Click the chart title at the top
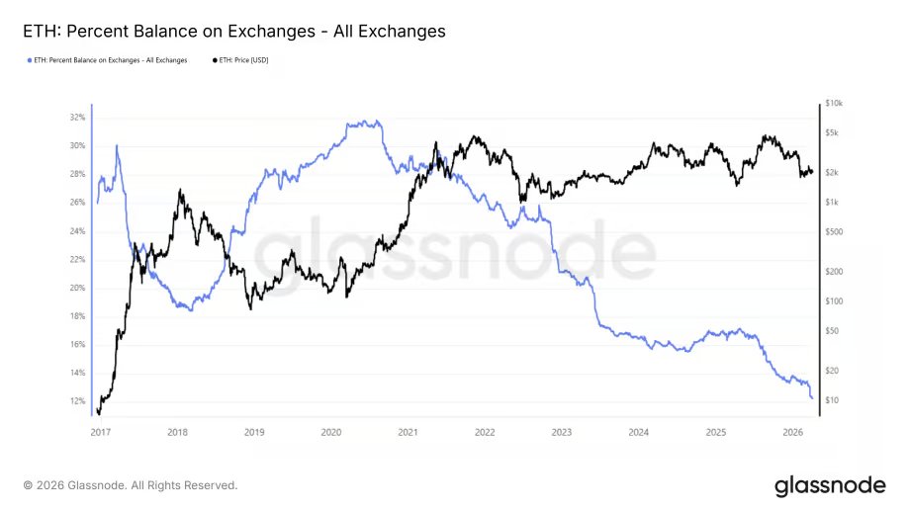(x=233, y=32)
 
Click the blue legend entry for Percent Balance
(x=109, y=60)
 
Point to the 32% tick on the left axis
(x=77, y=118)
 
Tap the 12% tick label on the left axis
(x=77, y=401)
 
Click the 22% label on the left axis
(x=77, y=260)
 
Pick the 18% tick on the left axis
(x=77, y=316)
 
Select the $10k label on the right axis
(x=833, y=104)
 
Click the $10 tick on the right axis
(x=832, y=400)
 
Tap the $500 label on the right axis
(x=833, y=232)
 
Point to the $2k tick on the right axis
(x=832, y=173)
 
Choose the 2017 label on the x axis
(x=100, y=432)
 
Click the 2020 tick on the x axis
(x=331, y=432)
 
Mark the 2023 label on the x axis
(x=562, y=432)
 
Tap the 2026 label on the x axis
(x=793, y=432)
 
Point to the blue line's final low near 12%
(x=812, y=398)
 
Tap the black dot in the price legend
(x=216, y=60)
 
